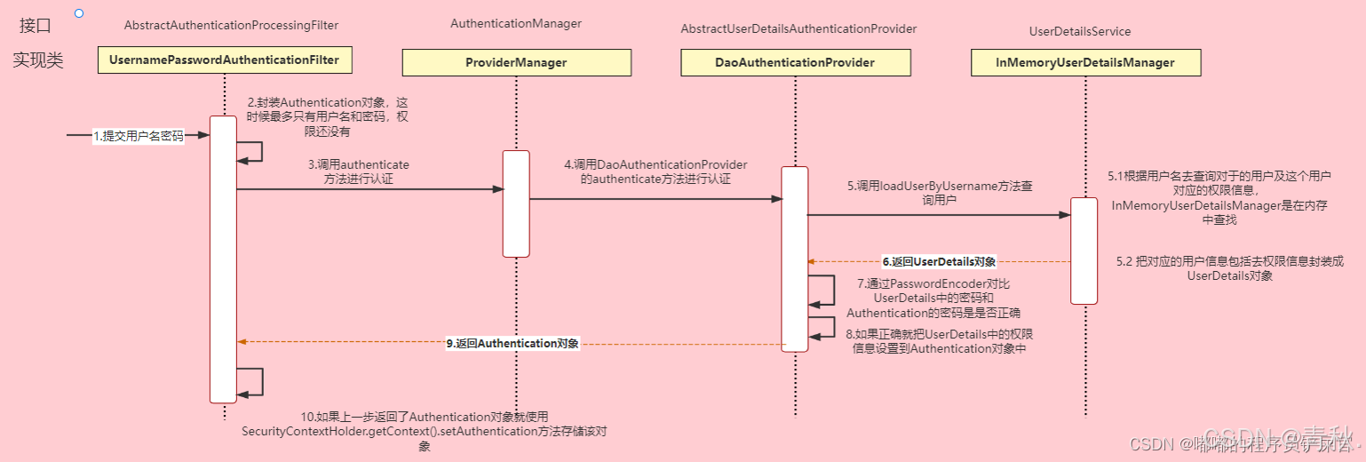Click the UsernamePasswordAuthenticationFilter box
[x=224, y=60]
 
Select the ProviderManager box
[x=516, y=62]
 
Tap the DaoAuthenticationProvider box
[x=795, y=62]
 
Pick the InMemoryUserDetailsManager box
[x=1085, y=62]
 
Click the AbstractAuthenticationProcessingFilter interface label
[x=231, y=24]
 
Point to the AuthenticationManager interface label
[x=516, y=24]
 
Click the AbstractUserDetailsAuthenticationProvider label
[x=798, y=29]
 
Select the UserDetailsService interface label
[x=1080, y=31]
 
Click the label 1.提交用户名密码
[x=139, y=136]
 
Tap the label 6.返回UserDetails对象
[x=939, y=262]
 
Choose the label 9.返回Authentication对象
[x=512, y=343]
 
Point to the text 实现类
[x=38, y=60]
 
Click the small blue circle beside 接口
[x=79, y=13]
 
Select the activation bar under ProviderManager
[x=516, y=203]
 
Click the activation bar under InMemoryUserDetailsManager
[x=1084, y=251]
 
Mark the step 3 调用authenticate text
[x=359, y=171]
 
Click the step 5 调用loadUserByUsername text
[x=940, y=194]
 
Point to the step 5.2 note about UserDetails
[x=1230, y=268]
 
